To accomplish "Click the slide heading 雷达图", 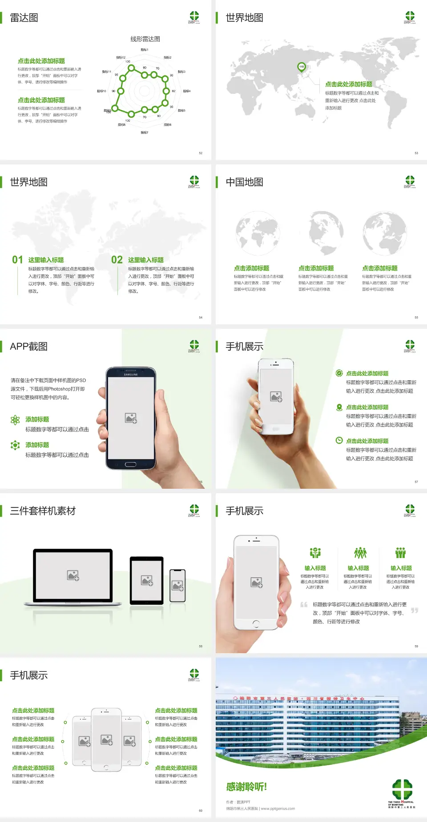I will point(24,18).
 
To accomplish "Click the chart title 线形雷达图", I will point(145,39).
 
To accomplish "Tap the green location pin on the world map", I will point(302,67).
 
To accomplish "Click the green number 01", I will point(17,260).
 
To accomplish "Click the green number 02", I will point(117,260).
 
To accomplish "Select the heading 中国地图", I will point(244,182).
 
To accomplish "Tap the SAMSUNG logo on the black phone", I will point(131,375).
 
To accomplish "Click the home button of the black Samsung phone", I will point(130,464).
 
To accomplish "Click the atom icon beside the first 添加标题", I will point(15,420).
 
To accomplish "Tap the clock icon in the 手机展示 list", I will point(339,440).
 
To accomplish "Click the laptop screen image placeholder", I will point(73,575).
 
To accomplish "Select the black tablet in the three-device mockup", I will point(147,580).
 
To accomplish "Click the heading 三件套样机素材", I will point(43,511).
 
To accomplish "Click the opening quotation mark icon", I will point(304,605).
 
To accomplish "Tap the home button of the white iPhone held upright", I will point(256,624).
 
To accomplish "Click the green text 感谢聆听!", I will point(246,787).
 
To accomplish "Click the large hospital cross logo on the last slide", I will point(402,789).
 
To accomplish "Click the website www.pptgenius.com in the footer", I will point(278,809).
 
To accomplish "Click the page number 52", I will point(201,153).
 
